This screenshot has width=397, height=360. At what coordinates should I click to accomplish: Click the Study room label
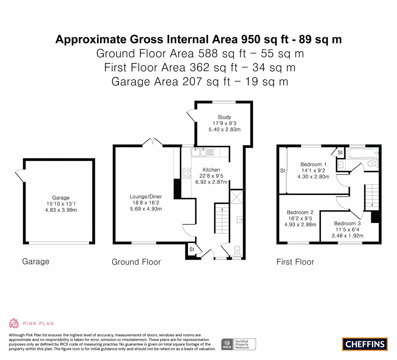coord(224,117)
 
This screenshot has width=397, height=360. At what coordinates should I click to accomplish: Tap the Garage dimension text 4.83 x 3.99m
coord(61,210)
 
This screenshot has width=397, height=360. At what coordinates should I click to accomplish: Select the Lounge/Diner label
coord(146,196)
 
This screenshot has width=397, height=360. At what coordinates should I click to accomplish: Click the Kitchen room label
coord(211,170)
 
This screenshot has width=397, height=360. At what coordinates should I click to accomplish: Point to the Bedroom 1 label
coord(313,164)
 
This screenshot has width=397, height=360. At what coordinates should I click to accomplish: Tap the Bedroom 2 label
coord(300,212)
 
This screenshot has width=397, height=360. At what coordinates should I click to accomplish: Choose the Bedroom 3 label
coord(347,223)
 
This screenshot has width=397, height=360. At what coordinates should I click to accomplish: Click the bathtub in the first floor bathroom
coord(362,153)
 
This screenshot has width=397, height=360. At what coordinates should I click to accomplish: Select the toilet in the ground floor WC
coord(237,250)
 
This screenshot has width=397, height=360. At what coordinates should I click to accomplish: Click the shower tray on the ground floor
coord(236,197)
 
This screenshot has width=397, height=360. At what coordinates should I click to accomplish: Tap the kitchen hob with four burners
coord(186,173)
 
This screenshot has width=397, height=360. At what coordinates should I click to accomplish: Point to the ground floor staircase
coord(222,218)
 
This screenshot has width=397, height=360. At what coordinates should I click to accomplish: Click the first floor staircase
coord(372,197)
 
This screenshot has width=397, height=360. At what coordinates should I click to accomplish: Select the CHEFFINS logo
coord(365,344)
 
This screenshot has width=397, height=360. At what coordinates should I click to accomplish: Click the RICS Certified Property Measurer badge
coord(239,344)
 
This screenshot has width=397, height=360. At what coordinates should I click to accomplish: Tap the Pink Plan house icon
coord(14,323)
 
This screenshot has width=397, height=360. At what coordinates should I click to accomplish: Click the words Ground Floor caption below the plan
coord(136,262)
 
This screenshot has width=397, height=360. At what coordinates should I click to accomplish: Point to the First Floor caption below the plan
coord(295,262)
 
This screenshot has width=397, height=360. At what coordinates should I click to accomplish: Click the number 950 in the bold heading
coord(251,39)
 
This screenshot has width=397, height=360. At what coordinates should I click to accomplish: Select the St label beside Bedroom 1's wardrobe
coord(283,171)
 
